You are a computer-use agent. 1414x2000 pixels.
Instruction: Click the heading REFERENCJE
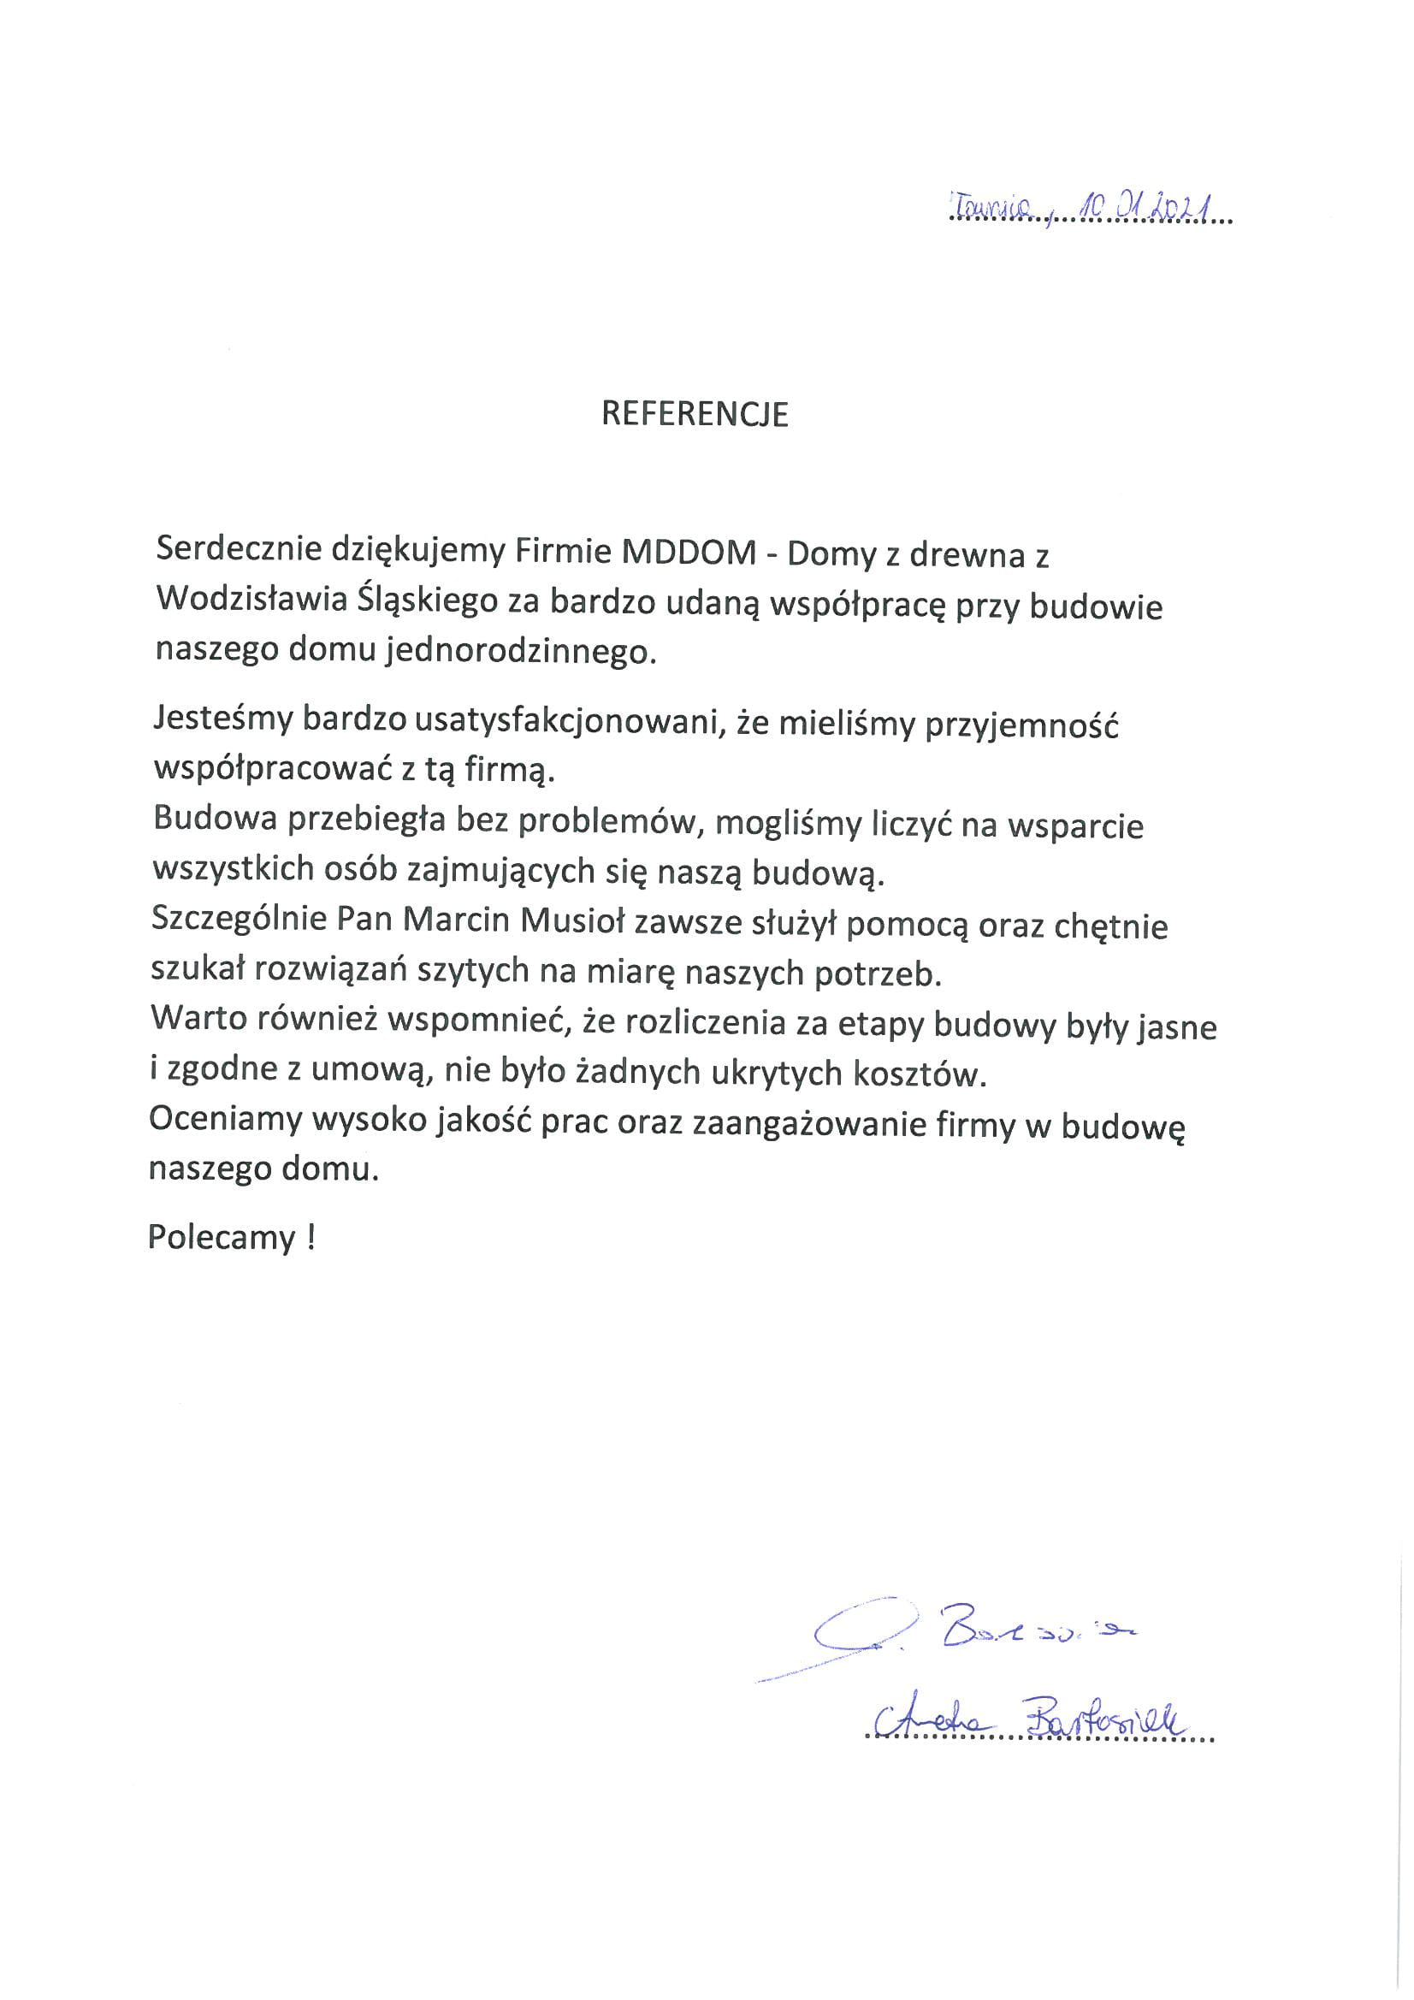click(695, 415)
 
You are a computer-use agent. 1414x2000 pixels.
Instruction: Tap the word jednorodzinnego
click(521, 651)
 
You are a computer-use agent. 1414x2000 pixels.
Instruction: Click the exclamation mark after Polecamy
click(311, 1237)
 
